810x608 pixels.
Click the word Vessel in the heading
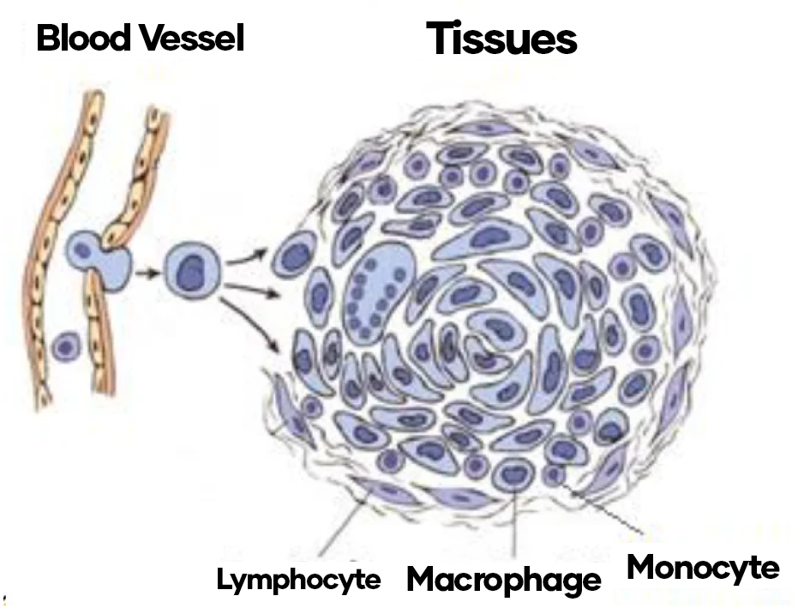189,39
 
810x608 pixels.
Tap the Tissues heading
501,39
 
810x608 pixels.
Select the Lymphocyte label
298,581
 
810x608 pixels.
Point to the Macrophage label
504,581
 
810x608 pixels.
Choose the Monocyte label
703,568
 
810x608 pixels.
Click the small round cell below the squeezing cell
66,347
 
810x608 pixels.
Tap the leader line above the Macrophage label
513,523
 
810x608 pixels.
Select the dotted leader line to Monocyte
604,510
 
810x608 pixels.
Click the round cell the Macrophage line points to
513,473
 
